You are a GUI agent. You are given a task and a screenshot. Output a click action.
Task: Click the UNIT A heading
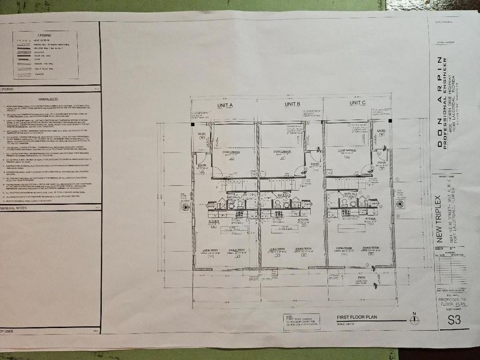click(225, 105)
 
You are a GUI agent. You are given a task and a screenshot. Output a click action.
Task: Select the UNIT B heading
click(292, 104)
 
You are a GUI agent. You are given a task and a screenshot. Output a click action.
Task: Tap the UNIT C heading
click(358, 103)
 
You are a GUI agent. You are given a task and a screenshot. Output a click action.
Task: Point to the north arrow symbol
click(414, 320)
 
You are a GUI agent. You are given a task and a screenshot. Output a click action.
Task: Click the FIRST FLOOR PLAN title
click(357, 317)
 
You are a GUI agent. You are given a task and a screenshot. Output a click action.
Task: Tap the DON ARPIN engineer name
click(440, 102)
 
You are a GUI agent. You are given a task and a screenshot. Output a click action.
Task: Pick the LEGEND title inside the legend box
click(45, 35)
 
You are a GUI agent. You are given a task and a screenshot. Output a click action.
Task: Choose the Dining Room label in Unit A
click(236, 250)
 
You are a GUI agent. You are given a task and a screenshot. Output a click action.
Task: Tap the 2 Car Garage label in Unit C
click(347, 150)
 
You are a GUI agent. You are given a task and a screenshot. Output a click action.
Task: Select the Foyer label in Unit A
click(202, 165)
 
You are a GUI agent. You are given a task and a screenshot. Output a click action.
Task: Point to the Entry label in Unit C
click(381, 130)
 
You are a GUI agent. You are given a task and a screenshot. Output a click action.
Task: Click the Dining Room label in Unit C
click(370, 247)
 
